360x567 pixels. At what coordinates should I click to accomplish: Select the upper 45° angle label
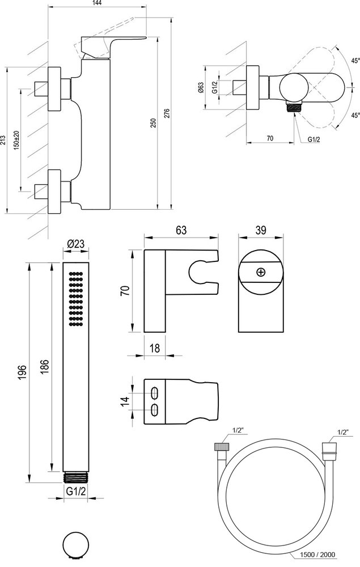tap(355, 61)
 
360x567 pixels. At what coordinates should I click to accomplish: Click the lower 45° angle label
tap(355, 115)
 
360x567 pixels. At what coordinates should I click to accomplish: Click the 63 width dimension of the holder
tap(181, 230)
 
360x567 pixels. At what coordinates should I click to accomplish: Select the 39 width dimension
tap(260, 230)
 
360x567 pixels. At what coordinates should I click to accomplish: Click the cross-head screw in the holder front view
tap(260, 272)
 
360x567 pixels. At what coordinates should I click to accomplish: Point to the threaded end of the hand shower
tap(75, 475)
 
